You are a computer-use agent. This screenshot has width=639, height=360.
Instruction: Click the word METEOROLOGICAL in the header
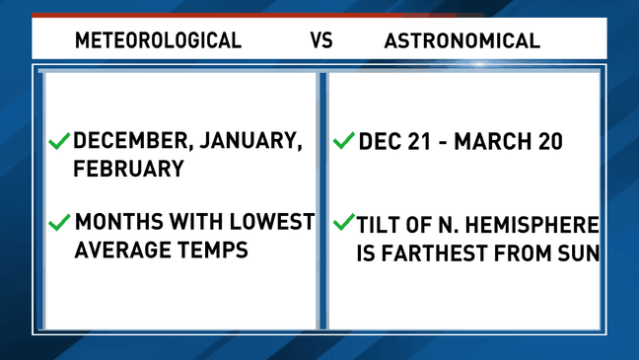click(x=158, y=40)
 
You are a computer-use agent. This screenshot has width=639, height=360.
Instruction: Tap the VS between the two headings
click(x=321, y=40)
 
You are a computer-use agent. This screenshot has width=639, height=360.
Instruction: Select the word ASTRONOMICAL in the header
click(x=461, y=40)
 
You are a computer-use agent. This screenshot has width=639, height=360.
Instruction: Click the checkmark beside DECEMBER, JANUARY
click(x=58, y=141)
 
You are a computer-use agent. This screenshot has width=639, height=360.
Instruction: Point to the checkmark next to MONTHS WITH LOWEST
click(x=58, y=222)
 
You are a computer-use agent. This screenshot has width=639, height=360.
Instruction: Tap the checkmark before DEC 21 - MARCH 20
click(x=343, y=141)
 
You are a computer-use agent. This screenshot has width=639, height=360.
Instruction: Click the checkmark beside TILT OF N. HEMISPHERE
click(x=343, y=222)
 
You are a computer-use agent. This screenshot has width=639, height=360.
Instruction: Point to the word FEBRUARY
click(x=128, y=169)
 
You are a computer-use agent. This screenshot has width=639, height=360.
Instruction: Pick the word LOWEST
click(x=270, y=222)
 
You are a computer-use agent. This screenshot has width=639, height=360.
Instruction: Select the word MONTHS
click(x=120, y=222)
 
